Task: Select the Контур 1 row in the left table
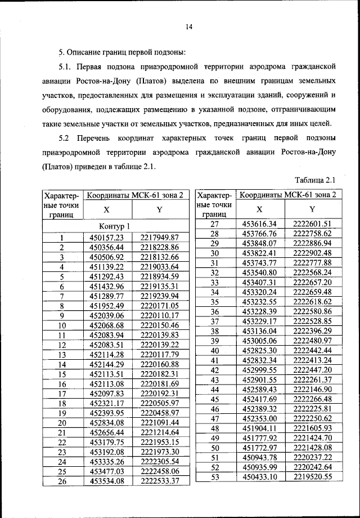point(114,226)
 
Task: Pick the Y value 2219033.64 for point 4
point(159,266)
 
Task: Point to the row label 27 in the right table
point(214,224)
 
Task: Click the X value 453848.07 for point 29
point(259,243)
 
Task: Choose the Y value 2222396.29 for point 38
point(313,331)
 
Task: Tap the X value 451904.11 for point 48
point(259,428)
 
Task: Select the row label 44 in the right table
point(214,389)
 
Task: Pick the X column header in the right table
point(259,208)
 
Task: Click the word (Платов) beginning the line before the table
point(61,167)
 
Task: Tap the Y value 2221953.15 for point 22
point(159,442)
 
